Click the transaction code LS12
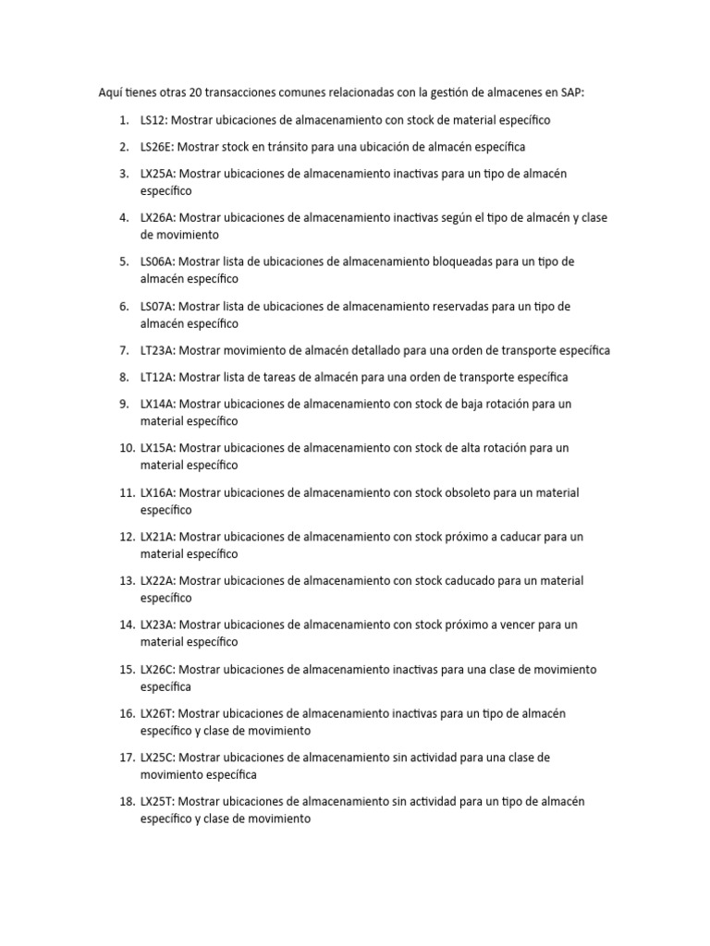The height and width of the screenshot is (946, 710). coord(153,120)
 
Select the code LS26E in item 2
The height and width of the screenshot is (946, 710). coord(156,147)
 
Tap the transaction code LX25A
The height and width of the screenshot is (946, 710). coord(158,174)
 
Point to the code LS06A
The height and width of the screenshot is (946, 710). coord(158,261)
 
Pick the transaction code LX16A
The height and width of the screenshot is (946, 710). coord(158,492)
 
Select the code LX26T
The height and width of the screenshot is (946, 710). coord(158,713)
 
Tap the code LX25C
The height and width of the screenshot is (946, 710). coord(158,758)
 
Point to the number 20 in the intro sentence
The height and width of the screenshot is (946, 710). coord(194,92)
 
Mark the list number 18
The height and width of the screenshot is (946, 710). coord(127,802)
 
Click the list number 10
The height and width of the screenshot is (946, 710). coord(127,448)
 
